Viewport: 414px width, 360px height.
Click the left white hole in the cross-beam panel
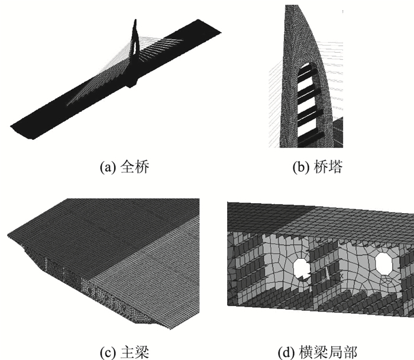tap(302, 268)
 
